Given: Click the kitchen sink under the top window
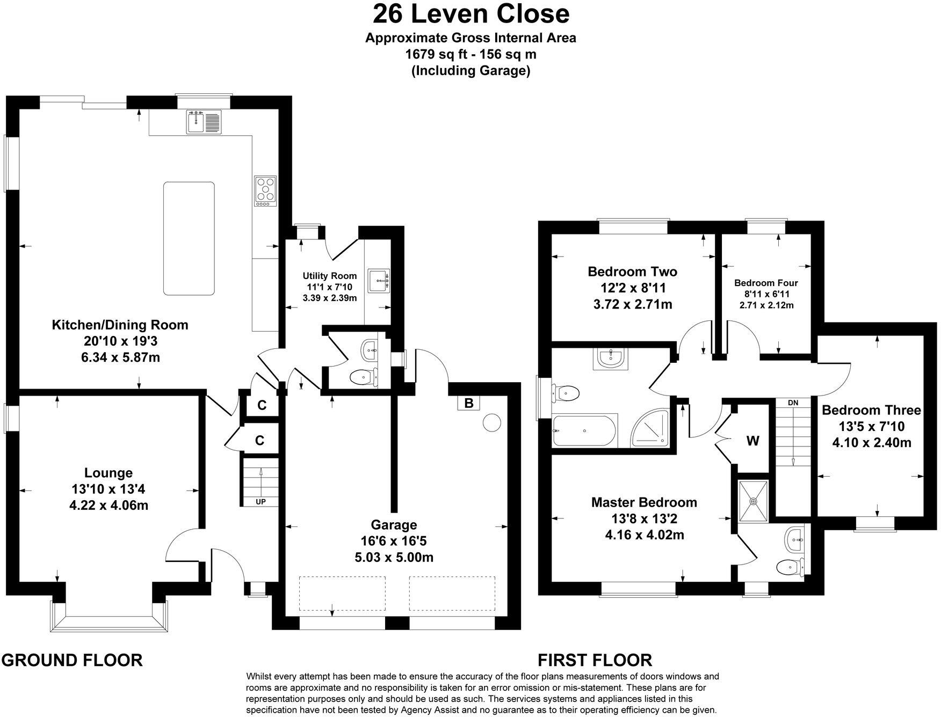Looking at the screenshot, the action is coord(204,121).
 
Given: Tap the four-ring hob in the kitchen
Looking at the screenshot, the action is coord(265,191).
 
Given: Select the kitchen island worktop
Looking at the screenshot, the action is coord(189,238).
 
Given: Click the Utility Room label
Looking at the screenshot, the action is coord(330,276).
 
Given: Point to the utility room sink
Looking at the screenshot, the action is coord(380,281).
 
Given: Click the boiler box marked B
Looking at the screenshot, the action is coord(469,403).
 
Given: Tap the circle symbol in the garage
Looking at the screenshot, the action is coord(491,423).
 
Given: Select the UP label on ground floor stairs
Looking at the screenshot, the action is coord(260,502).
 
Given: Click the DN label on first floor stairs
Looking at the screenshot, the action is coord(793,403).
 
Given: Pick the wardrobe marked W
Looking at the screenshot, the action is coord(752,441).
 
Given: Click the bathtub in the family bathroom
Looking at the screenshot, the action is coord(585,430).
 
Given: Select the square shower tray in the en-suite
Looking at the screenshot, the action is coord(754,500).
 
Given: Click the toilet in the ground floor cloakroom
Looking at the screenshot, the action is coord(362,377).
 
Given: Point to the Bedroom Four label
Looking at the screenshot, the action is coord(766,283).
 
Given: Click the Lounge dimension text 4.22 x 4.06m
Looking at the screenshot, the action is coord(109,505).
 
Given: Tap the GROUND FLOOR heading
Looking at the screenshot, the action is coord(73,660).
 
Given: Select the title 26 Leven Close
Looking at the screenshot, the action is coord(471,13).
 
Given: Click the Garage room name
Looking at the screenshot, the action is coord(394,525).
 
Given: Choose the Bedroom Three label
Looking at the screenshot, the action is coord(871,411).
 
